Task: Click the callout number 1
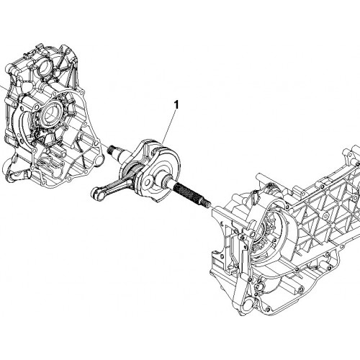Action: (x=176, y=105)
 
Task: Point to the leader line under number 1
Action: (x=169, y=127)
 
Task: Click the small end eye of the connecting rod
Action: (x=98, y=194)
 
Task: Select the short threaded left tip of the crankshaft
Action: (x=112, y=150)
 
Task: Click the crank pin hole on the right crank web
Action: (x=148, y=181)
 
